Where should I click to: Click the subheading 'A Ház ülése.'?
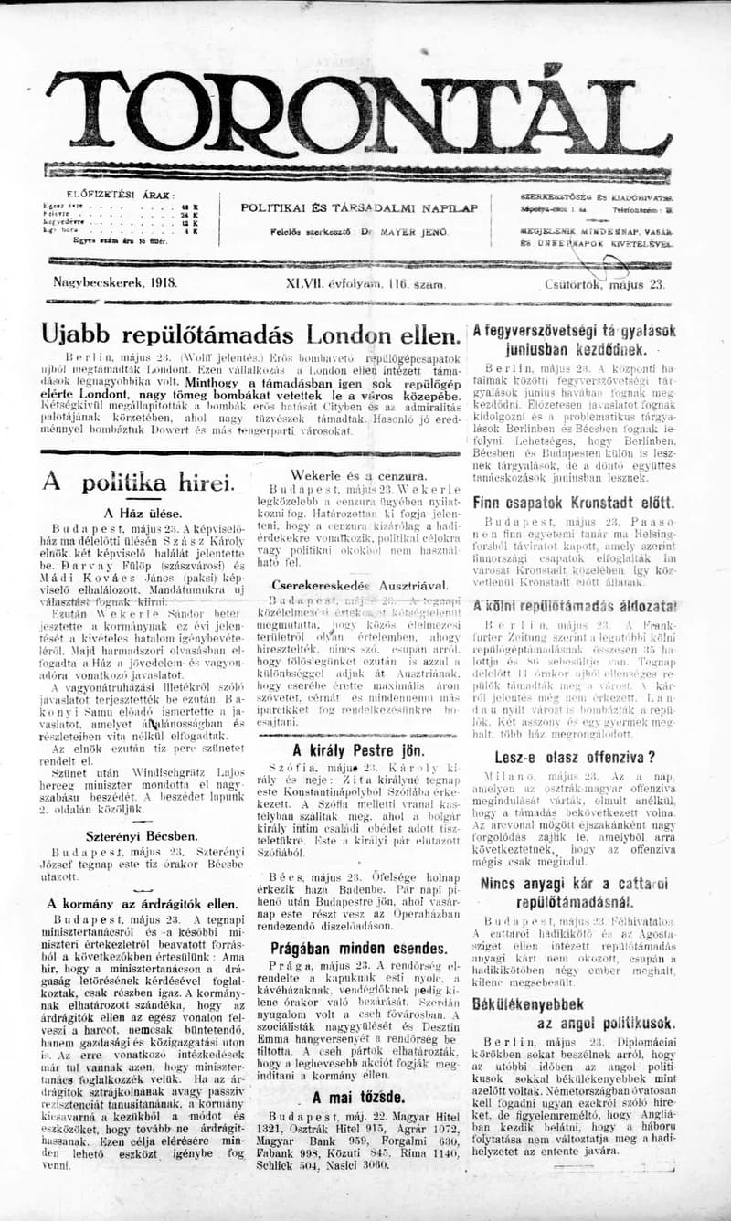coord(143,513)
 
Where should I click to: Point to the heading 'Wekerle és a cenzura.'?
coord(357,476)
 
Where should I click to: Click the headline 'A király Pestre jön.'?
coord(358,749)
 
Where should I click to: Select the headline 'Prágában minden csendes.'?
coord(358,948)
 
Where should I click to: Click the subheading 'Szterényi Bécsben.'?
coord(142,835)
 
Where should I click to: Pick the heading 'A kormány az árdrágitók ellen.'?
coord(143,903)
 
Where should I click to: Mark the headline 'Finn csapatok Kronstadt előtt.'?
coord(574,503)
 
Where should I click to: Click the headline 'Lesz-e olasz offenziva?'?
coord(575,757)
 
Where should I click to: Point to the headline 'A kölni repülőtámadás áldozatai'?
coord(575,605)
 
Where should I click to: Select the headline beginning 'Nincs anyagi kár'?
coord(575,884)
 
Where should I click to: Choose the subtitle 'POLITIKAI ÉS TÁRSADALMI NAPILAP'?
coord(359,207)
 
